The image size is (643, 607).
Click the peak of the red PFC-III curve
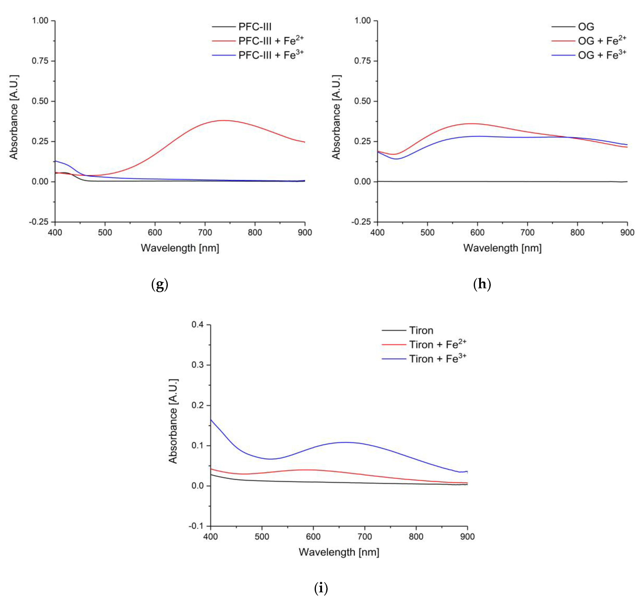click(224, 120)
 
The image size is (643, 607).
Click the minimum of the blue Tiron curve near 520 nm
click(270, 459)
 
